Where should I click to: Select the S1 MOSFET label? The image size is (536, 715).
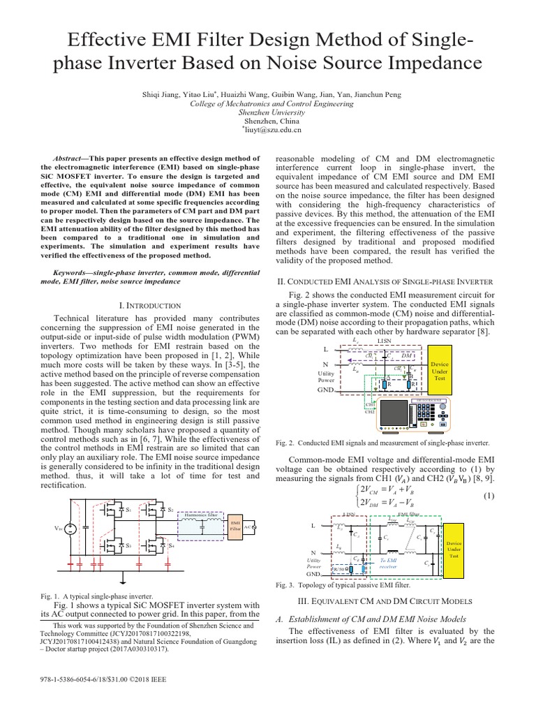128,511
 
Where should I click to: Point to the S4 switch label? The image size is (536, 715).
170,545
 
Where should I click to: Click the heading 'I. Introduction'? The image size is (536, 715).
151,305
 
